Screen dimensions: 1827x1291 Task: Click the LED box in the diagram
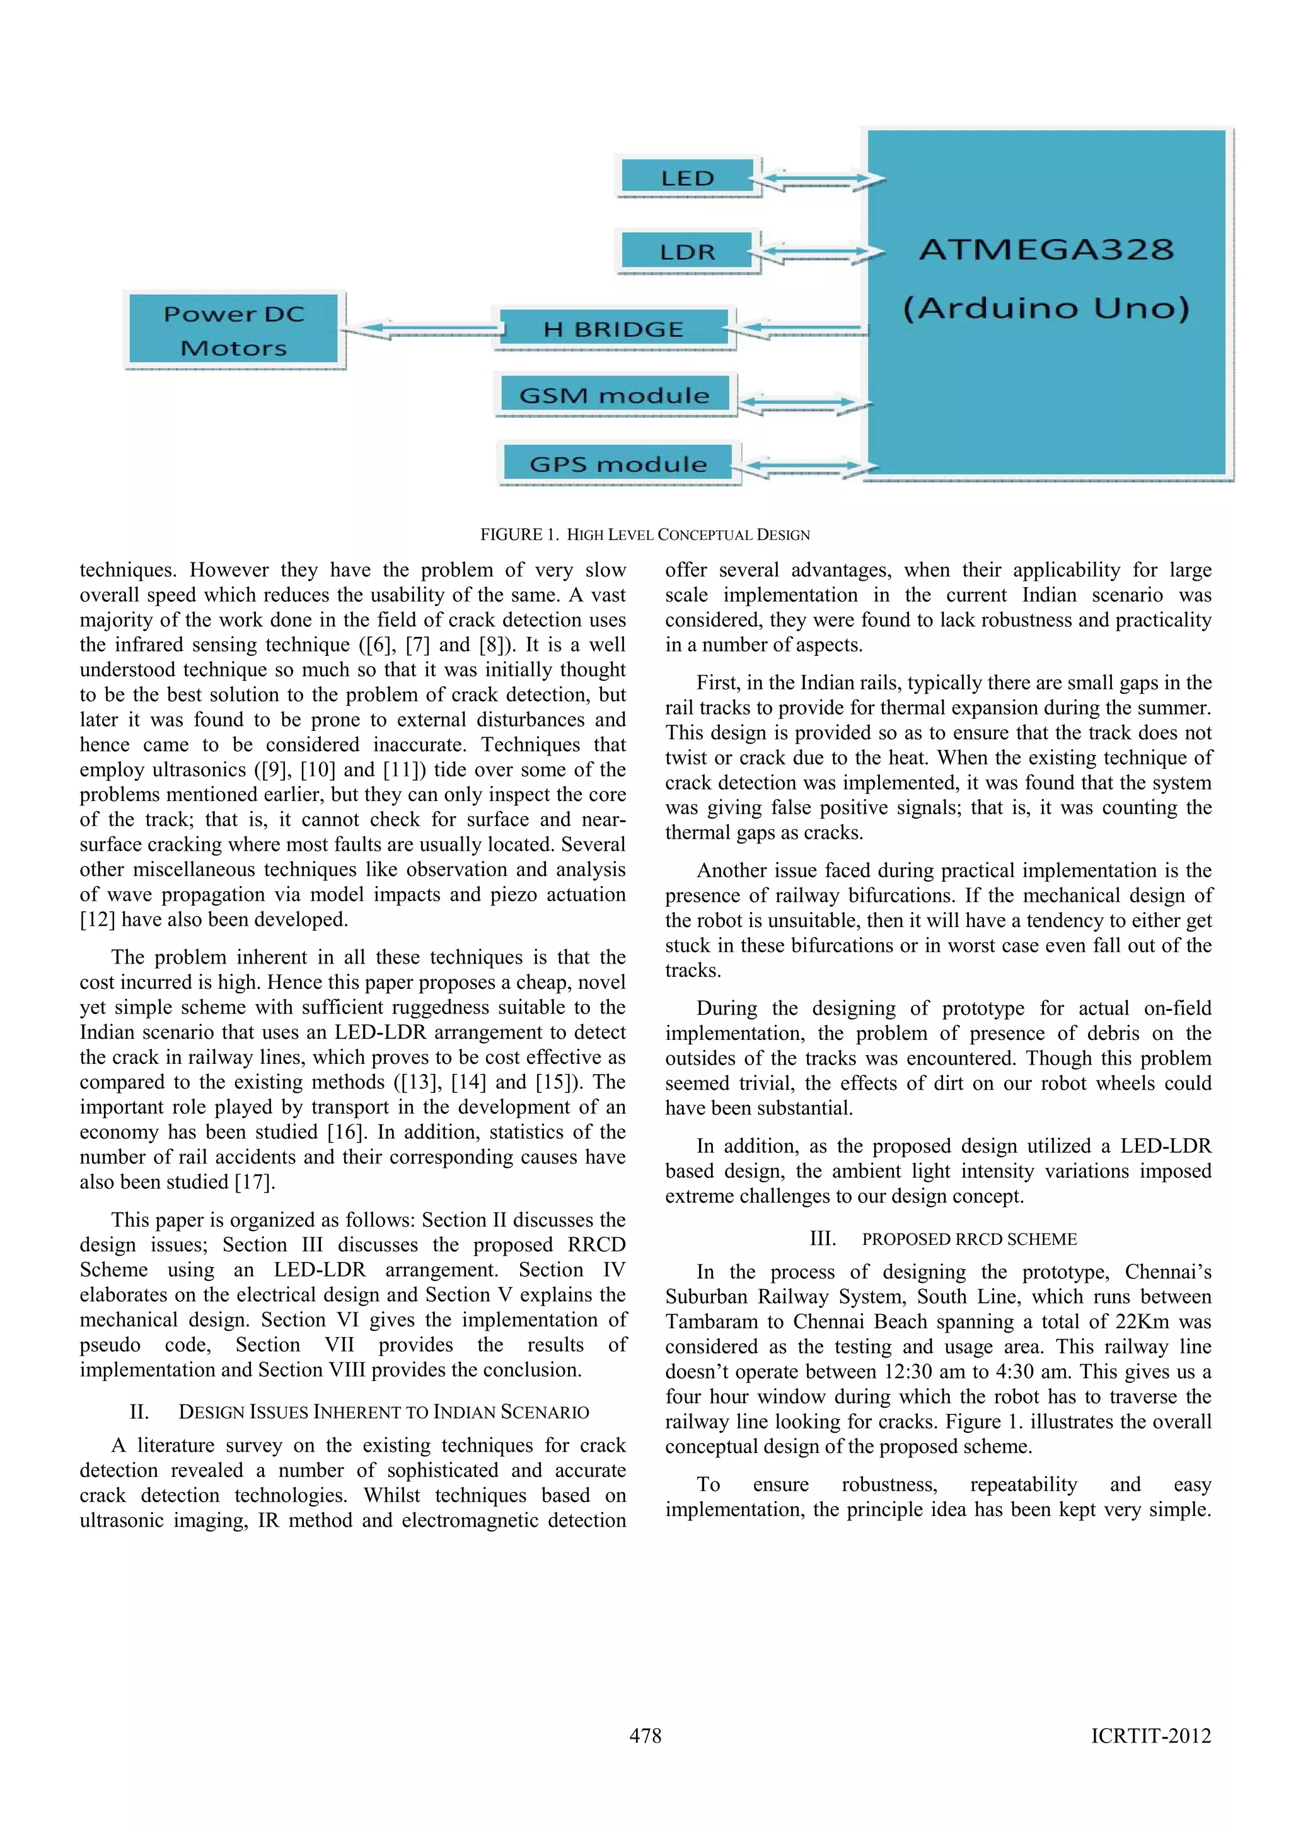pyautogui.click(x=687, y=177)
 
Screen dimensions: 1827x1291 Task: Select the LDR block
pyautogui.click(x=687, y=252)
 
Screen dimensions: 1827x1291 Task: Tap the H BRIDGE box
pyautogui.click(x=613, y=329)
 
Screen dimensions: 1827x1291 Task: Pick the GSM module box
pyautogui.click(x=613, y=395)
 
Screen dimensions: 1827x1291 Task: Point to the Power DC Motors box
pyautogui.click(x=234, y=330)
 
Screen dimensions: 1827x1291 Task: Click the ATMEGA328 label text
pyautogui.click(x=1046, y=250)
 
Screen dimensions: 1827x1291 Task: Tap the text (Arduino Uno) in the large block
pyautogui.click(x=1046, y=308)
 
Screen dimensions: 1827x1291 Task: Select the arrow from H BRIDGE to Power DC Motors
pyautogui.click(x=422, y=328)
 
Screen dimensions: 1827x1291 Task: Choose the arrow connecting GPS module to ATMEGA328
pyautogui.click(x=803, y=465)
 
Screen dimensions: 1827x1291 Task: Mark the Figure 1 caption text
pyautogui.click(x=644, y=535)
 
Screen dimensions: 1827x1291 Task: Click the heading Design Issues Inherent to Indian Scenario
pyautogui.click(x=383, y=1411)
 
